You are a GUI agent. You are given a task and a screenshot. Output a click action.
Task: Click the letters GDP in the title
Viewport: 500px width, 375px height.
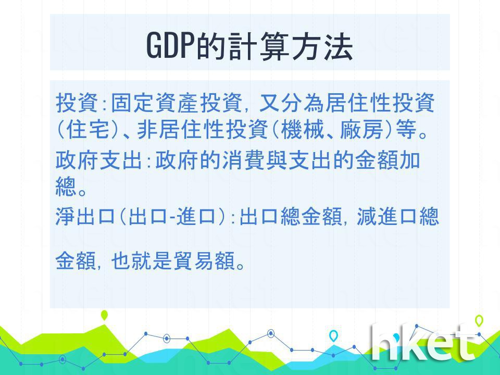(171, 46)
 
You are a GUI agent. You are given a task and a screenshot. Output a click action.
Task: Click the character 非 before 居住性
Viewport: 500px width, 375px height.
(147, 130)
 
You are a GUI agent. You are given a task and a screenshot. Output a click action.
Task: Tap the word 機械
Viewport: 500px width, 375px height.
(303, 130)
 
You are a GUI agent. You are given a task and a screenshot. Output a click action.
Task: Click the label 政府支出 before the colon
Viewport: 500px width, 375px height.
(98, 160)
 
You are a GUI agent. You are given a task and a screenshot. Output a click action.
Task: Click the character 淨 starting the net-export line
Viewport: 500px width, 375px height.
(66, 216)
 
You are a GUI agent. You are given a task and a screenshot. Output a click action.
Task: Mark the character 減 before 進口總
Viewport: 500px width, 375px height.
(366, 216)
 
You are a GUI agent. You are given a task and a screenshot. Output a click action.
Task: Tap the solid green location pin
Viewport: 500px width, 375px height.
(104, 315)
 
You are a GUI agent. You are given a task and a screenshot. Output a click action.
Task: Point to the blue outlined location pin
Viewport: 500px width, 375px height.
(333, 336)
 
